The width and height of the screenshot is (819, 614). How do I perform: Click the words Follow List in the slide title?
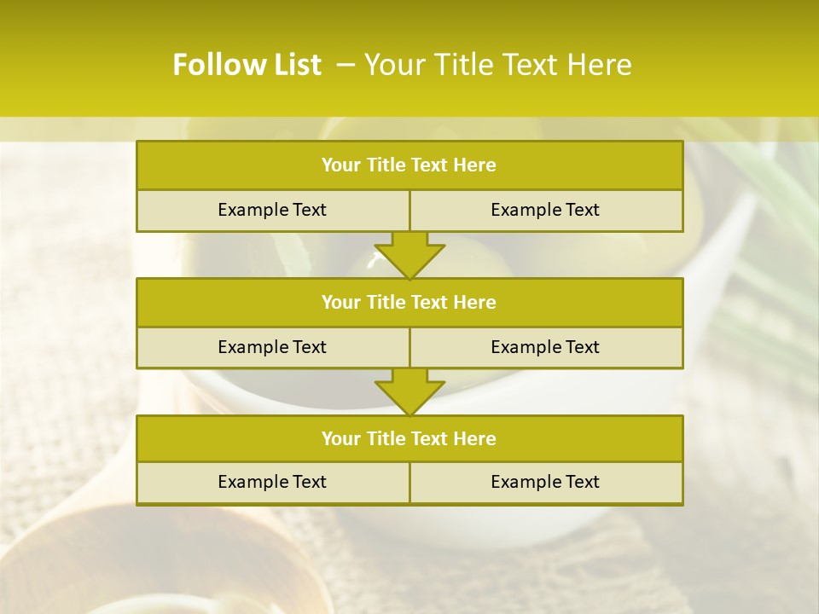(247, 65)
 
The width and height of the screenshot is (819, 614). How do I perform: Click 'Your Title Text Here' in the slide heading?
(497, 65)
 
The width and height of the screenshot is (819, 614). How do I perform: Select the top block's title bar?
(409, 165)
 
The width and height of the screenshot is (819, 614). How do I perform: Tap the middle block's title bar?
(409, 302)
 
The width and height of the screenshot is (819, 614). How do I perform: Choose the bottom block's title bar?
(409, 438)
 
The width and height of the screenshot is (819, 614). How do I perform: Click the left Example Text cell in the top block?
(272, 210)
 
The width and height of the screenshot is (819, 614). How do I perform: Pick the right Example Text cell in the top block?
(545, 210)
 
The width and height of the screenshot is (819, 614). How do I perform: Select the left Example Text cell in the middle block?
(272, 347)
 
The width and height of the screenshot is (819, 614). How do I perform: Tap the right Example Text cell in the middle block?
(545, 347)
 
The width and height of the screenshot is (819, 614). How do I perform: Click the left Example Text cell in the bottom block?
(272, 482)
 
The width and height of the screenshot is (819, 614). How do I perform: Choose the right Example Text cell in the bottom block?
(545, 482)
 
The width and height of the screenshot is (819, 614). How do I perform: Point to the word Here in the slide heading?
(601, 65)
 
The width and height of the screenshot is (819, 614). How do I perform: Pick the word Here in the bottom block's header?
(474, 438)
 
